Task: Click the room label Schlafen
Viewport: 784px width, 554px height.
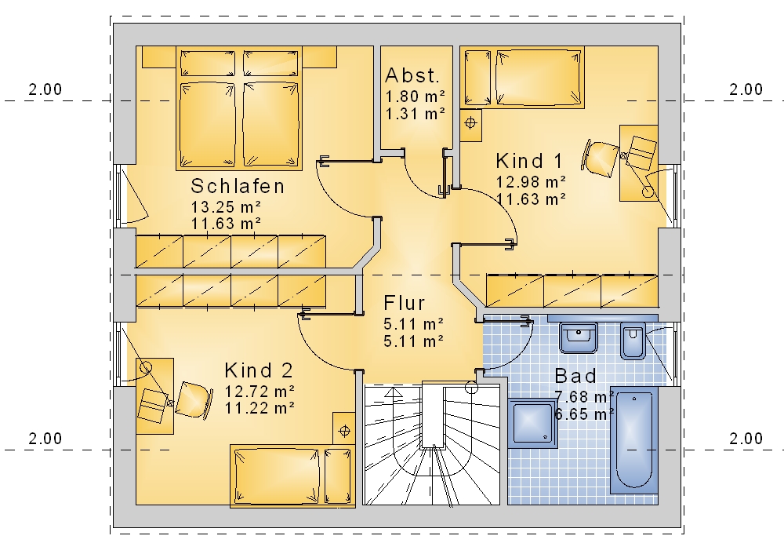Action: point(238,186)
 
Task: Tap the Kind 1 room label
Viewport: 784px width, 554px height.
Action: point(529,161)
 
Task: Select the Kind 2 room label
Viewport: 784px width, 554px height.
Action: point(259,370)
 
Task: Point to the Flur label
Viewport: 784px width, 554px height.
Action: point(404,303)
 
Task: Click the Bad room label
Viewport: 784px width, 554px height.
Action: point(575,376)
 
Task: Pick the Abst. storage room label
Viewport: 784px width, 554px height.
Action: point(412,75)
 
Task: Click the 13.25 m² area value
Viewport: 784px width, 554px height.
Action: point(226,206)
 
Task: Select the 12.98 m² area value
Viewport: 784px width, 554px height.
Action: point(531,181)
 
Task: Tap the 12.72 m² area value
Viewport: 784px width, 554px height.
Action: point(260,390)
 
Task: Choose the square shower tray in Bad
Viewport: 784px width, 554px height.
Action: point(532,423)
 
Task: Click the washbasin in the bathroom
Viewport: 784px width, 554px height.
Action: point(579,337)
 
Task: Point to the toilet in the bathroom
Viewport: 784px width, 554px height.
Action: point(633,341)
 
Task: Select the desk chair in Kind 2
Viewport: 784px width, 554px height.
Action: point(193,400)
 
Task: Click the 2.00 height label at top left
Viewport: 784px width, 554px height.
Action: point(45,89)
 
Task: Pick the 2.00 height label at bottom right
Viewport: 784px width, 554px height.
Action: point(746,439)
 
